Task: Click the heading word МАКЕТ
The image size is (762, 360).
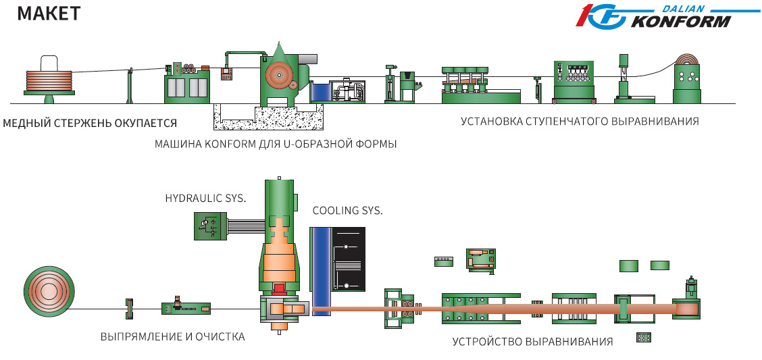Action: tap(49, 13)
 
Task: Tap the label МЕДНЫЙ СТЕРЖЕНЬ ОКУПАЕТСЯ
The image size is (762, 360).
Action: tap(90, 123)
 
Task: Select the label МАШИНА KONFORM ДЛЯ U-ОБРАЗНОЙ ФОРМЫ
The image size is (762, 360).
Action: tap(276, 144)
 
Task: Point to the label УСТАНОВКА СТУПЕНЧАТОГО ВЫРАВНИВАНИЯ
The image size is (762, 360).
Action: tap(580, 122)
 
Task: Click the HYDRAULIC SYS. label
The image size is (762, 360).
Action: tap(205, 198)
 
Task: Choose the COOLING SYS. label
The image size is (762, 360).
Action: tap(347, 211)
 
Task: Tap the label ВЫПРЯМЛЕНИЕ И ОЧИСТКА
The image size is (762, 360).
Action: tap(172, 336)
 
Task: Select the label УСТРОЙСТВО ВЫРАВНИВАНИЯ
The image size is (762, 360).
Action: tap(533, 341)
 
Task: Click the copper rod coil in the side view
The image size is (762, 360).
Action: tap(49, 78)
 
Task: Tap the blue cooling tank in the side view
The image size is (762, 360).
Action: tap(320, 92)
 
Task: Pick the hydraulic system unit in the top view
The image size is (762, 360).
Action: tap(209, 226)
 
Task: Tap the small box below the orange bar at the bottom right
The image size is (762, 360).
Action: tap(643, 337)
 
